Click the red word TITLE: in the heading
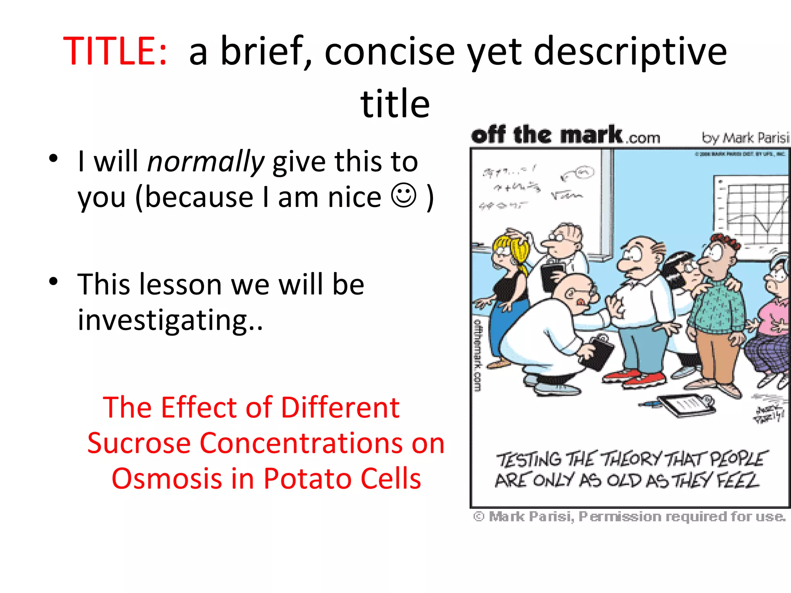point(115,51)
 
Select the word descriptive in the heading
point(630,51)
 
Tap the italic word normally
point(206,161)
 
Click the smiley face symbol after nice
point(404,196)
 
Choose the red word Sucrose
point(139,443)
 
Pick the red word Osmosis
point(167,479)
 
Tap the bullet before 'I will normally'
point(54,158)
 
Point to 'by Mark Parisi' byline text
point(745,137)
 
